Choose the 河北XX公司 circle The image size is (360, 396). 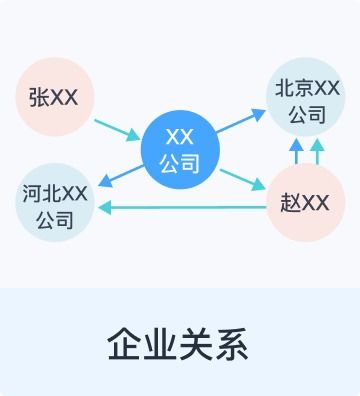coord(54,203)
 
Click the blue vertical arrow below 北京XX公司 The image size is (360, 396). coord(296,152)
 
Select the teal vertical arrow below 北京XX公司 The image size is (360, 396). coord(317,152)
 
